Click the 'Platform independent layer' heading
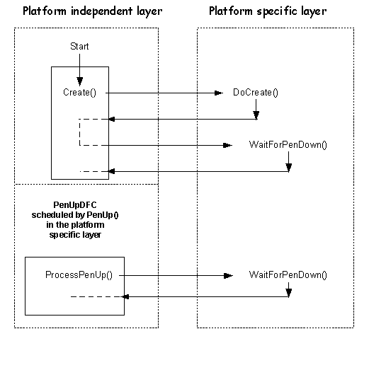click(93, 11)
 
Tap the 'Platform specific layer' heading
click(268, 11)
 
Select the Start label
click(79, 46)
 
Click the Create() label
click(79, 93)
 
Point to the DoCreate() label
click(256, 93)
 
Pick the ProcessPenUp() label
click(79, 275)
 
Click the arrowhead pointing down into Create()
click(80, 81)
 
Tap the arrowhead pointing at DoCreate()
click(219, 93)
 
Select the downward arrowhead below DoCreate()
click(256, 115)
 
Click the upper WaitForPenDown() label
click(288, 145)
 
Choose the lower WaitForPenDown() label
click(288, 275)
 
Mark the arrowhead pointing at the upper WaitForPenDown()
click(227, 146)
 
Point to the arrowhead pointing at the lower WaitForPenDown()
click(228, 276)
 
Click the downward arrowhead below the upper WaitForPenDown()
click(289, 168)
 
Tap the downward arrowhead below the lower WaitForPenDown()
click(289, 293)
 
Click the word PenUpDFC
click(75, 205)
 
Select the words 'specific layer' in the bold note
click(75, 235)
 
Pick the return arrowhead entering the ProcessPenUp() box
click(125, 296)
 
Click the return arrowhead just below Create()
click(111, 119)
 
